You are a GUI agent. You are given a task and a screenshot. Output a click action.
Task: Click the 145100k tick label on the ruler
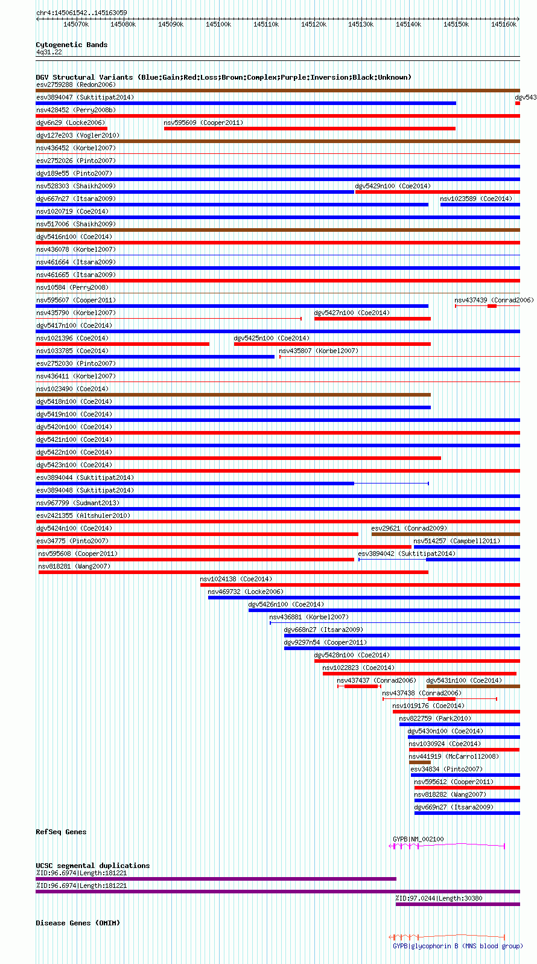[x=218, y=25]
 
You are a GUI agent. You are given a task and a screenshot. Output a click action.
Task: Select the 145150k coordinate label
[x=456, y=25]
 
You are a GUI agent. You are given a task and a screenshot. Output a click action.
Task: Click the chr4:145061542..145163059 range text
[x=81, y=13]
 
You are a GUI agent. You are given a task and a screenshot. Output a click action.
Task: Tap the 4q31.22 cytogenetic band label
[x=49, y=52]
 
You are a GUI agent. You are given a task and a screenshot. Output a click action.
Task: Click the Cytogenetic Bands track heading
[x=72, y=45]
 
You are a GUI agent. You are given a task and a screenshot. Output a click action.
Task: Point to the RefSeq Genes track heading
[x=61, y=832]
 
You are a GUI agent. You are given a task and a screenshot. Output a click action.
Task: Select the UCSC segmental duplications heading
[x=93, y=866]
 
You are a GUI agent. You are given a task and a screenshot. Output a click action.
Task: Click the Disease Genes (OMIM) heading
[x=78, y=923]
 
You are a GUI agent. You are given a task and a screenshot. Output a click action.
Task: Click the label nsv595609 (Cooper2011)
[x=203, y=123]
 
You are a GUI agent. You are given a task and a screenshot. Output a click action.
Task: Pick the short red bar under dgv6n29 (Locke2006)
[x=71, y=129]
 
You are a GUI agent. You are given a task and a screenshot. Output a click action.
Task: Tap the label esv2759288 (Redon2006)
[x=76, y=85]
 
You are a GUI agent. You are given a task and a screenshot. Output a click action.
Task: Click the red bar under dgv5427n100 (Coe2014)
[x=373, y=319]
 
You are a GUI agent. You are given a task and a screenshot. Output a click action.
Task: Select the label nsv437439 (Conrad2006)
[x=494, y=300]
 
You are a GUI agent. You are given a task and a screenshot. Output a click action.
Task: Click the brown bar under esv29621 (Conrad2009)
[x=446, y=534]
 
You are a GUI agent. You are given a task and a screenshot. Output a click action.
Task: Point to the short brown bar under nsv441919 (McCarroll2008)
[x=419, y=762]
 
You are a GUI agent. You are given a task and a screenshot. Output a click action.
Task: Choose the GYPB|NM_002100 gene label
[x=418, y=839]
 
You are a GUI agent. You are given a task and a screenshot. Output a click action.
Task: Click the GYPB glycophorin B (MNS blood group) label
[x=458, y=946]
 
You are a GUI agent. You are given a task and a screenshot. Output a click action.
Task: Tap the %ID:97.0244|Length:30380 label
[x=439, y=898]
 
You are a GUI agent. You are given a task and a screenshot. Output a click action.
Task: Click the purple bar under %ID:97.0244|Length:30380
[x=458, y=904]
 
